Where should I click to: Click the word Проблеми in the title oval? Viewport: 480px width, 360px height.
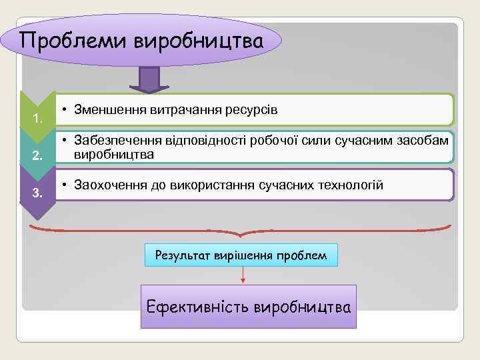tap(73, 41)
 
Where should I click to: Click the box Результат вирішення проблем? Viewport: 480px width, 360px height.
tap(241, 255)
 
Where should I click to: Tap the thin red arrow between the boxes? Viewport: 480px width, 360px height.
tap(243, 275)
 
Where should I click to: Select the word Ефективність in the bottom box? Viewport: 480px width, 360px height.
tap(198, 307)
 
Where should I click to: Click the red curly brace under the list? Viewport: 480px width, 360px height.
tap(241, 231)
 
